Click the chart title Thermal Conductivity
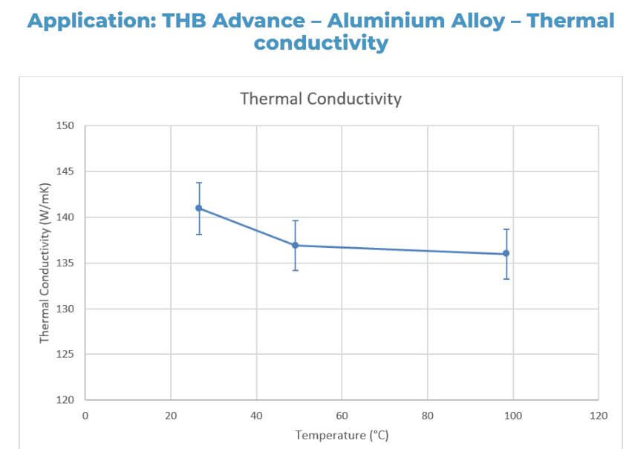320,98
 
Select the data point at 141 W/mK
199,208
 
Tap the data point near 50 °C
295,245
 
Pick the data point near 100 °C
506,253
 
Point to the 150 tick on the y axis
66,126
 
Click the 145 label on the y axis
66,172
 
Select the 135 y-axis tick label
66,263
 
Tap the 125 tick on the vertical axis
66,355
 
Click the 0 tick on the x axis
85,416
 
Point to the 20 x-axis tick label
171,416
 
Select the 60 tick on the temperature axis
342,416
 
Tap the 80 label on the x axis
428,416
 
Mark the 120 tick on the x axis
599,416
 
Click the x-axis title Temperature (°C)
342,435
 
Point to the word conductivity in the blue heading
321,43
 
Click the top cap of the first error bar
199,183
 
